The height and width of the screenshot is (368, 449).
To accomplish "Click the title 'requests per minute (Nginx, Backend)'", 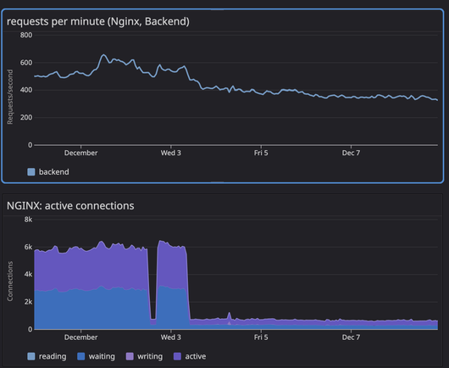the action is pyautogui.click(x=98, y=21).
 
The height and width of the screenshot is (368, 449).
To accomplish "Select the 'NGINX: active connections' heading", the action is pyautogui.click(x=70, y=206).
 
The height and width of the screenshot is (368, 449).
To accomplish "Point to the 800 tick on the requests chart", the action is pyautogui.click(x=26, y=35).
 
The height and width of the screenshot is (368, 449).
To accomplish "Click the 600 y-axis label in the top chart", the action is pyautogui.click(x=26, y=63).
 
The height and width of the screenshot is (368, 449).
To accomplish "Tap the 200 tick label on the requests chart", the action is pyautogui.click(x=26, y=118).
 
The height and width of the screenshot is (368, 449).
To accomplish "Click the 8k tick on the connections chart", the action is pyautogui.click(x=28, y=220).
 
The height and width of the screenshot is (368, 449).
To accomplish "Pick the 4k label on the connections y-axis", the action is pyautogui.click(x=28, y=274).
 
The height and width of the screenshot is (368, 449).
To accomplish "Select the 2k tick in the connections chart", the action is pyautogui.click(x=28, y=302).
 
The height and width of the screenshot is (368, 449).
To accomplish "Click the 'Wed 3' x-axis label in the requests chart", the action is pyautogui.click(x=170, y=153).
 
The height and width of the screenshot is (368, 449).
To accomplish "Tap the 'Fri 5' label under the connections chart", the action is pyautogui.click(x=261, y=337).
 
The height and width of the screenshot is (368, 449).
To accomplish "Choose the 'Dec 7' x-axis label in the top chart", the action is pyautogui.click(x=351, y=153).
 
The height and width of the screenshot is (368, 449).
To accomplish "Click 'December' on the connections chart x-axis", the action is pyautogui.click(x=80, y=337).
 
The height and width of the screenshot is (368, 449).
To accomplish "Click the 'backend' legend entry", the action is pyautogui.click(x=48, y=172).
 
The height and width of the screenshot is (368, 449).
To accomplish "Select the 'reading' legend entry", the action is pyautogui.click(x=47, y=356).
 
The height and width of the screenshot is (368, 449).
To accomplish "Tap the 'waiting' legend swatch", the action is pyautogui.click(x=81, y=356).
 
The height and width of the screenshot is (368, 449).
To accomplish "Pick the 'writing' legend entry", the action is pyautogui.click(x=144, y=356).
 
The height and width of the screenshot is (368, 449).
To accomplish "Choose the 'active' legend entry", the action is pyautogui.click(x=190, y=356).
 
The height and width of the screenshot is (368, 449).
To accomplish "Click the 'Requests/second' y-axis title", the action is pyautogui.click(x=10, y=97).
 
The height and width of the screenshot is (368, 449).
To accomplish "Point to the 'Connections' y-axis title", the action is pyautogui.click(x=10, y=282).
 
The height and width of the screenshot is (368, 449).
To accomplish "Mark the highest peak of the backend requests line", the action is pyautogui.click(x=103, y=54).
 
